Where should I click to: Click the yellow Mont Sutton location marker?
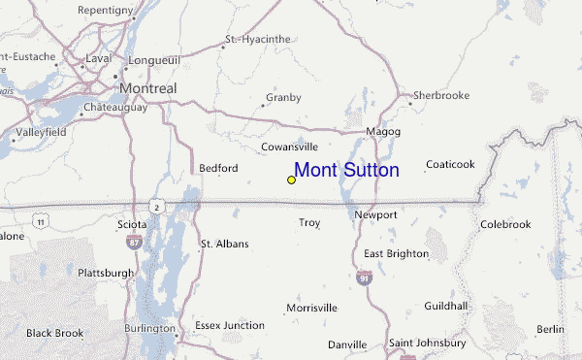[291, 180]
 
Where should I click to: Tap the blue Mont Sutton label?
[346, 171]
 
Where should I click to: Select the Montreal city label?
[147, 88]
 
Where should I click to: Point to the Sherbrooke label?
[441, 95]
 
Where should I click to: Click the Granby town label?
[283, 97]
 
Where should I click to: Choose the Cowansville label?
[290, 147]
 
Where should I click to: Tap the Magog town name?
[383, 131]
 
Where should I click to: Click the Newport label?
[376, 213]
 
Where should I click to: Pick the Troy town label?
[309, 222]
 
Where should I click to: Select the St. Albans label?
[224, 244]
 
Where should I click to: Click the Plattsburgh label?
[106, 273]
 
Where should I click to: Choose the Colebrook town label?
[505, 224]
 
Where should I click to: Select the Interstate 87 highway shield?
[135, 241]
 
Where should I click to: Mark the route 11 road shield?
[40, 222]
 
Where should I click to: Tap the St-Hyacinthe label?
[257, 40]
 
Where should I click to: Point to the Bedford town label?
[218, 168]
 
